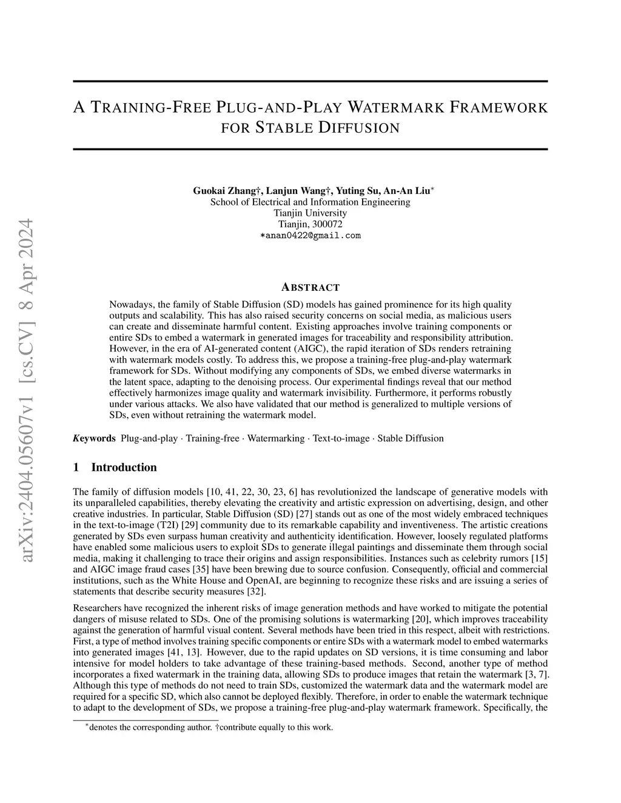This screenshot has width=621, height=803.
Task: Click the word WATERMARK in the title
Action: click(407, 108)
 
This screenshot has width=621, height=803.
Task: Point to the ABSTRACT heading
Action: click(310, 287)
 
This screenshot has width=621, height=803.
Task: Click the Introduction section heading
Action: click(124, 467)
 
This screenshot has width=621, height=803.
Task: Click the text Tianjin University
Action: click(310, 213)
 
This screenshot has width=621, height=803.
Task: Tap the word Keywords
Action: click(94, 438)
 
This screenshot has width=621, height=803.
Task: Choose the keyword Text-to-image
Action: click(340, 438)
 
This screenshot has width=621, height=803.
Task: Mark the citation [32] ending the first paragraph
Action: click(237, 591)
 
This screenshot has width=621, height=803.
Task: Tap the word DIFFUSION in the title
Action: click(359, 128)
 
